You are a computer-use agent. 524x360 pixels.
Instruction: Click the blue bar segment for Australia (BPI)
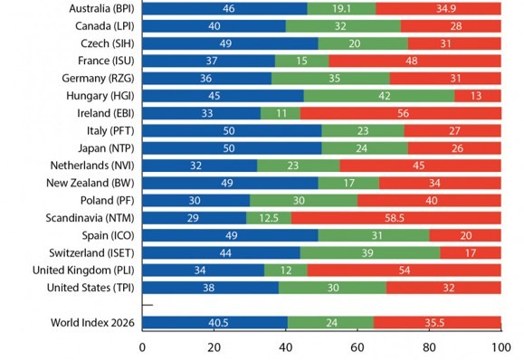click(224, 8)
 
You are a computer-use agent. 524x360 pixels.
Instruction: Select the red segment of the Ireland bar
click(401, 113)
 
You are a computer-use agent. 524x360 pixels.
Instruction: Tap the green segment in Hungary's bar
click(379, 96)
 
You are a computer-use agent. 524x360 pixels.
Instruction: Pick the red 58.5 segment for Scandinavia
click(396, 218)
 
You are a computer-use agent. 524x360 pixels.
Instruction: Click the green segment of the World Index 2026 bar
click(330, 323)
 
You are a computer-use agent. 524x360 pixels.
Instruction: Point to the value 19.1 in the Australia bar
click(341, 9)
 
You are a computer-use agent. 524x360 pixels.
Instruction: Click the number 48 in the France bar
click(412, 61)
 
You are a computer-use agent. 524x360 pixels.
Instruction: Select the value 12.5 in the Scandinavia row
click(269, 218)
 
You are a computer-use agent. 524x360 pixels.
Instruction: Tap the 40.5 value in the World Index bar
click(218, 323)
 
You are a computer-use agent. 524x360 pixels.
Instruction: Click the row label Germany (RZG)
click(98, 79)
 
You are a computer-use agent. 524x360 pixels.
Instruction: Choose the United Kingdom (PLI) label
click(83, 270)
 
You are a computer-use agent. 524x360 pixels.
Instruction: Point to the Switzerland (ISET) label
click(91, 252)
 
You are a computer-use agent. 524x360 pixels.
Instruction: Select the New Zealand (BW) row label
click(91, 183)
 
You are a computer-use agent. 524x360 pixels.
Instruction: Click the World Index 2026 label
click(92, 323)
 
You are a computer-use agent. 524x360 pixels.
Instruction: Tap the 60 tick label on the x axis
click(357, 347)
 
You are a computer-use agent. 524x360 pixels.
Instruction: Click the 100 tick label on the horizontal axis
click(501, 347)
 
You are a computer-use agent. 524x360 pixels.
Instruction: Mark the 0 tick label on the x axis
click(142, 347)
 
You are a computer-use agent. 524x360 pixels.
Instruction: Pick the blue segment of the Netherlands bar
click(199, 166)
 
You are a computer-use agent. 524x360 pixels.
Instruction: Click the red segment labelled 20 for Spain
click(465, 235)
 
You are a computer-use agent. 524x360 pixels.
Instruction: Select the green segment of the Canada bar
click(343, 26)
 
